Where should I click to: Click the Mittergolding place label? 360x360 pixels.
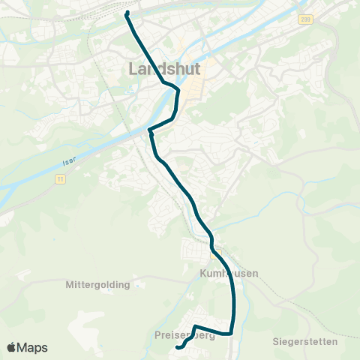pyautogui.click(x=97, y=285)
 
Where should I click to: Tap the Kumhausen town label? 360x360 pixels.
pyautogui.click(x=229, y=274)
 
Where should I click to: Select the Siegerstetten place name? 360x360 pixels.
pyautogui.click(x=305, y=341)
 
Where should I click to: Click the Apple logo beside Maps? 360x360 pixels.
pyautogui.click(x=12, y=347)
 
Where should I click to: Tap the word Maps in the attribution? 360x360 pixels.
pyautogui.click(x=33, y=347)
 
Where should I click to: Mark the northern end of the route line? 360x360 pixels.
pyautogui.click(x=127, y=13)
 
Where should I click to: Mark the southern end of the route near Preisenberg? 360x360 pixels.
pyautogui.click(x=178, y=347)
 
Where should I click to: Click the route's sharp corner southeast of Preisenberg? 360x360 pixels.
pyautogui.click(x=232, y=332)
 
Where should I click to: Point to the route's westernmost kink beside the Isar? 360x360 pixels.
pyautogui.click(x=150, y=131)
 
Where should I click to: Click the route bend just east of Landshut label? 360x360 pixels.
pyautogui.click(x=178, y=91)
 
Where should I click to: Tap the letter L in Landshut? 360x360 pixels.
pyautogui.click(x=134, y=68)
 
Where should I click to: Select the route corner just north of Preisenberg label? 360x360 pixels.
pyautogui.click(x=194, y=326)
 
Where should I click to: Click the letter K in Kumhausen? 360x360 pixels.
pyautogui.click(x=203, y=274)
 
